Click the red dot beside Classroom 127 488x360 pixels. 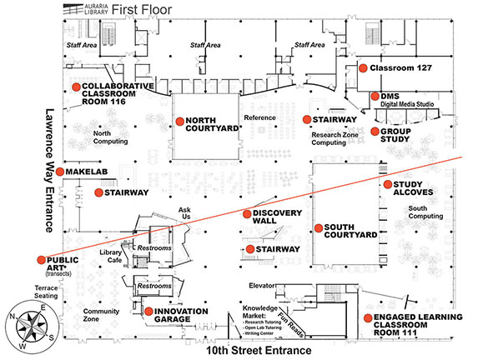363,69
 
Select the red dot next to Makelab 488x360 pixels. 60,171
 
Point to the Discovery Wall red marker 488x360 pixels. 247,214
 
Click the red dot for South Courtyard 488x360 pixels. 317,228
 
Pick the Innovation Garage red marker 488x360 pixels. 148,312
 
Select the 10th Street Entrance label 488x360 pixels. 259,352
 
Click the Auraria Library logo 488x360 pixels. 83,9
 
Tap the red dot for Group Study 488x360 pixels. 374,132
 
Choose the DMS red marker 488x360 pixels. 375,97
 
